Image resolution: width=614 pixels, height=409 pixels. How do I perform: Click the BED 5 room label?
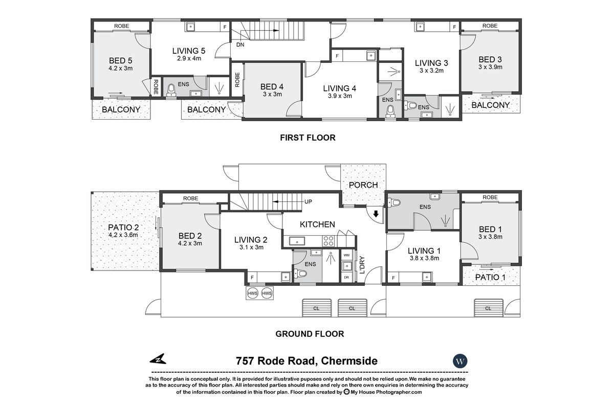click(121, 59)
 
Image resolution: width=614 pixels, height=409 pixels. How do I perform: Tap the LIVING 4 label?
click(339, 88)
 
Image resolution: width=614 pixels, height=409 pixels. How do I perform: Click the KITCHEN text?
click(317, 224)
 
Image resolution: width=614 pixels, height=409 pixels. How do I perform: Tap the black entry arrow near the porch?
click(377, 214)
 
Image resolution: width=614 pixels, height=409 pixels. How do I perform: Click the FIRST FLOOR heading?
click(307, 138)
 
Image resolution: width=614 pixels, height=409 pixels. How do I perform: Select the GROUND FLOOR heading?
click(310, 334)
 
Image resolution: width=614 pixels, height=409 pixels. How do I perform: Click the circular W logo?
click(461, 361)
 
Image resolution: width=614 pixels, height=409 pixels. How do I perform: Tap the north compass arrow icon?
click(159, 360)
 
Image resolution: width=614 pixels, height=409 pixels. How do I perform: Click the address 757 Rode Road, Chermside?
click(307, 361)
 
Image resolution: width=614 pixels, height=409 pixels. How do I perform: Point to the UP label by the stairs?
click(309, 202)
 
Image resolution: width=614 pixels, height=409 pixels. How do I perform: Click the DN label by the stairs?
click(240, 45)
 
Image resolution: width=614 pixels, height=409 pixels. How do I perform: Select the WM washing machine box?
click(346, 255)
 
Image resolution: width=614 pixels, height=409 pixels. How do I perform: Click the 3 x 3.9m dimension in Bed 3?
click(490, 67)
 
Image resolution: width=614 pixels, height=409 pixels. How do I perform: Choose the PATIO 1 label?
click(490, 278)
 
